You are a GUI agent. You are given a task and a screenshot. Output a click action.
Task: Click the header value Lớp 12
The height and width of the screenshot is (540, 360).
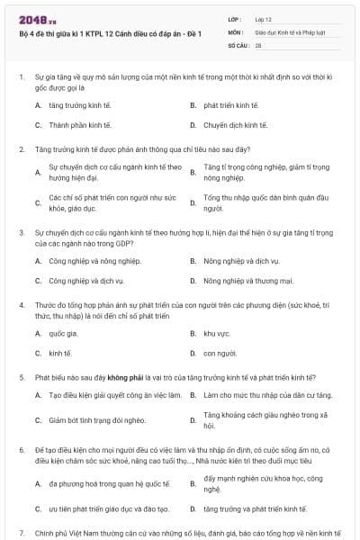[x=265, y=18]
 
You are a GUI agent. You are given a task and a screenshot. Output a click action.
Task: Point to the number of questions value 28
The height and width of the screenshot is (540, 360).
[x=258, y=43]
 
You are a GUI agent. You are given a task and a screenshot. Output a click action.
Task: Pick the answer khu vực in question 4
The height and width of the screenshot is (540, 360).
[x=218, y=332]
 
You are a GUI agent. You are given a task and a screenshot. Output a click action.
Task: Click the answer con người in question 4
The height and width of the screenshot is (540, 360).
[x=220, y=354]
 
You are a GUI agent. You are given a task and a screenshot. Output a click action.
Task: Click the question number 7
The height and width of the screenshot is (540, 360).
[x=21, y=533]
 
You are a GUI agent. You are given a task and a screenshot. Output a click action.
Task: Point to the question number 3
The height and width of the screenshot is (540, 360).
[x=21, y=231]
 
